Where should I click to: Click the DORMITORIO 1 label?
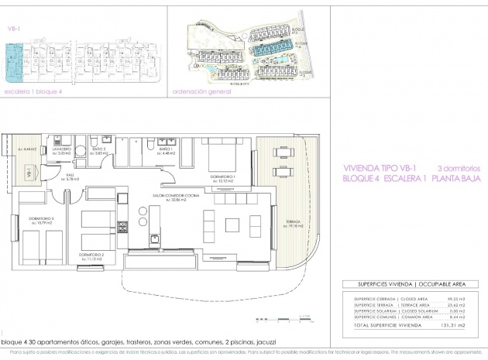point(222,177)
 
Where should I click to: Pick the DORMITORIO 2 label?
point(92,254)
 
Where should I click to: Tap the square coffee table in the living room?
point(234,225)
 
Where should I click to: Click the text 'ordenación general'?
point(201,91)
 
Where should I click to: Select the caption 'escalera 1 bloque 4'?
point(31,91)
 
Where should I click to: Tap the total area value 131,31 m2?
point(457,326)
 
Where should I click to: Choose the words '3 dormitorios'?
point(459,167)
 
